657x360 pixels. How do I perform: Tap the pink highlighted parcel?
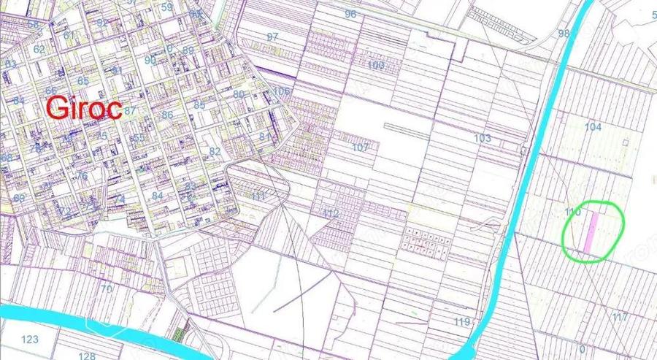593,231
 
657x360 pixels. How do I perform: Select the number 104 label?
593,127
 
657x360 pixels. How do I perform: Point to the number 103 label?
482,138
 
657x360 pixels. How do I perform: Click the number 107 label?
360,148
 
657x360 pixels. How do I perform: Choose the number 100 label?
376,66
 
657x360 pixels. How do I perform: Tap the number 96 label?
350,15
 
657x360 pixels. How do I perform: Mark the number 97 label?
273,37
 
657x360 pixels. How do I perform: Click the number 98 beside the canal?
564,34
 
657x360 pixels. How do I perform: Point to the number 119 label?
461,322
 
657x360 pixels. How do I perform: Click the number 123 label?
30,340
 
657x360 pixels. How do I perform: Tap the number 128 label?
87,356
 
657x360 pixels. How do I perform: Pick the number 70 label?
107,288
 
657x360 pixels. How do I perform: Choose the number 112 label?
331,214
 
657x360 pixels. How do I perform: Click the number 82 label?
215,151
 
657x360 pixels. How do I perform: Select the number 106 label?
282,91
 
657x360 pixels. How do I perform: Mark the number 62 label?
39,50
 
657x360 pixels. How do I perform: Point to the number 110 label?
572,212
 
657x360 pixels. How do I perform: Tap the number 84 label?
158,196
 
